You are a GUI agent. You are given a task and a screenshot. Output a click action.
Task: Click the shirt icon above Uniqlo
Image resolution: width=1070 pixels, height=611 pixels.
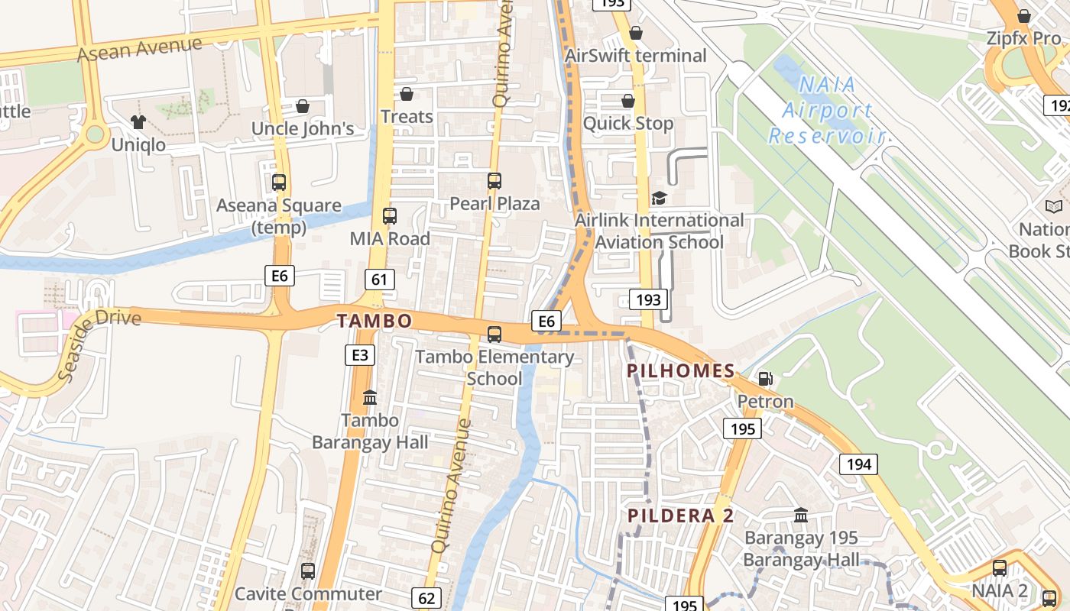click(138, 121)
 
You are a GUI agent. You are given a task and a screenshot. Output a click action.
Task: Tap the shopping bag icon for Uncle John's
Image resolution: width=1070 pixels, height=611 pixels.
click(303, 106)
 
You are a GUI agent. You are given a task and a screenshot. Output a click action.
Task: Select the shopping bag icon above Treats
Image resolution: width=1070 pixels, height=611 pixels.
click(407, 94)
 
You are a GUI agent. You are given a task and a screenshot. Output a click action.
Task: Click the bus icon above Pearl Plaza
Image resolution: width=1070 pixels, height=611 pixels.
click(494, 181)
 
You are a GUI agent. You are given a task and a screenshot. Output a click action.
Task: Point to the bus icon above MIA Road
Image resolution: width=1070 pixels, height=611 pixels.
click(390, 216)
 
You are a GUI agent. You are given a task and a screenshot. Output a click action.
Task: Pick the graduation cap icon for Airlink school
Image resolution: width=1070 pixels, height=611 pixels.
click(659, 199)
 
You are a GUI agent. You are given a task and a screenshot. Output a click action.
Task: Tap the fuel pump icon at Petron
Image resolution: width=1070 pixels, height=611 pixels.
click(764, 378)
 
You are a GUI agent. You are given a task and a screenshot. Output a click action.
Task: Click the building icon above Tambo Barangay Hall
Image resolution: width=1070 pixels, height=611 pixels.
click(370, 397)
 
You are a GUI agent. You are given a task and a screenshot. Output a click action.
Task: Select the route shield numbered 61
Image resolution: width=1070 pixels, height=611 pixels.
click(379, 280)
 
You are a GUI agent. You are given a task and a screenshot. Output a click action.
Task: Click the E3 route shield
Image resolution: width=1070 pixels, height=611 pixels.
click(359, 354)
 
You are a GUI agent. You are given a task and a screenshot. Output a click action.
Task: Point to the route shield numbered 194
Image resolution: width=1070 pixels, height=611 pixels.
click(858, 464)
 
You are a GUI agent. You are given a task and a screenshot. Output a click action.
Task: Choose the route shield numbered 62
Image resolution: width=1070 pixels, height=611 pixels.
click(425, 596)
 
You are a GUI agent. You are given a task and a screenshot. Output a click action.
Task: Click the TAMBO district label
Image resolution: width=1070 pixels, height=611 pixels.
click(374, 321)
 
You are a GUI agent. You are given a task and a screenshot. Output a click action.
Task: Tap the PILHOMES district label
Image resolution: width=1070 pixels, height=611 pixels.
click(681, 372)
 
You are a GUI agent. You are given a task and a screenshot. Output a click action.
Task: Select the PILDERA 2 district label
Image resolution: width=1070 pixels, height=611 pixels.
click(681, 516)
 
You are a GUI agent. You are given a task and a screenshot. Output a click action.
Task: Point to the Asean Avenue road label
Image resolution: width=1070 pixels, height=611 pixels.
click(140, 49)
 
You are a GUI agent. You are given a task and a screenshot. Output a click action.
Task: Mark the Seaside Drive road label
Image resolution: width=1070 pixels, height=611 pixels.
click(99, 343)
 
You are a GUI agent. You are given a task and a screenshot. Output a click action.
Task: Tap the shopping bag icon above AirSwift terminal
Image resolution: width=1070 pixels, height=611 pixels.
click(636, 34)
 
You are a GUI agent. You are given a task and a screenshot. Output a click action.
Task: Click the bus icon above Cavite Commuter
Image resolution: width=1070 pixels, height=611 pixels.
click(308, 571)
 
